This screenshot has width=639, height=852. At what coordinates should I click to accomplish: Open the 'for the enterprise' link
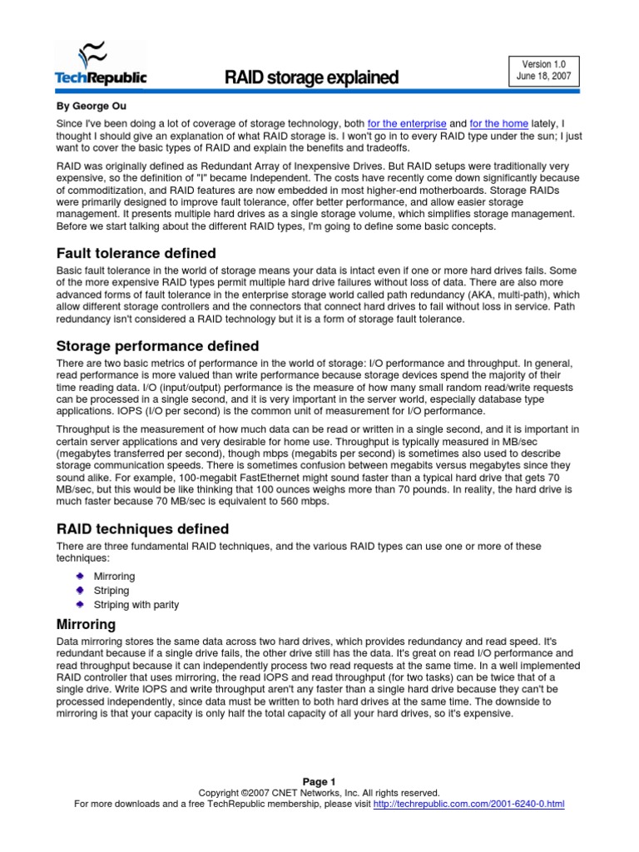tap(406, 123)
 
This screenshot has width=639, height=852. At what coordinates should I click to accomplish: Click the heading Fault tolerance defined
tap(136, 252)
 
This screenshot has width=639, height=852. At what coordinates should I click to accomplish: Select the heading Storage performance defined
tap(157, 345)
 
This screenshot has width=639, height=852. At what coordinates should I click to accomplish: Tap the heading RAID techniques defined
tap(141, 528)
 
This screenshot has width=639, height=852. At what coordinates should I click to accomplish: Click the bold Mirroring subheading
tap(86, 623)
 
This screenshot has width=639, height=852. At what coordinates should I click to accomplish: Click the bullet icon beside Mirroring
tap(79, 576)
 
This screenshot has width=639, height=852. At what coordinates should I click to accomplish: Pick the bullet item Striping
tap(111, 590)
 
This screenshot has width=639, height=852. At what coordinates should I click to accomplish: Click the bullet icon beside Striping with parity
tap(79, 604)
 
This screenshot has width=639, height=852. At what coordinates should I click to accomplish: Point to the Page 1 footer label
tap(319, 781)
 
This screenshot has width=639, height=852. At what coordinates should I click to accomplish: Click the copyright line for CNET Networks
tap(319, 793)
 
